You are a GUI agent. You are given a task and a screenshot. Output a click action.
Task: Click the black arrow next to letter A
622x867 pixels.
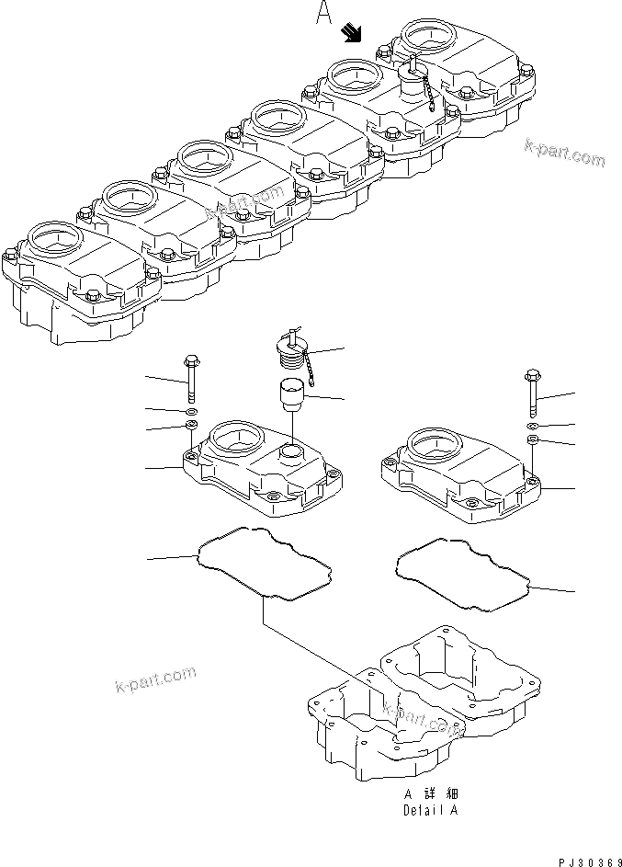(x=351, y=34)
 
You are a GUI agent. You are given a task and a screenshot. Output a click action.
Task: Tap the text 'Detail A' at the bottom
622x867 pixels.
(x=430, y=810)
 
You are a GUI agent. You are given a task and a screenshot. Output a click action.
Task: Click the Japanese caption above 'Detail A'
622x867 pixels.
(x=430, y=793)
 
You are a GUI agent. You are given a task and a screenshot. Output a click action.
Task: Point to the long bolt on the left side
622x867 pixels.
(x=191, y=377)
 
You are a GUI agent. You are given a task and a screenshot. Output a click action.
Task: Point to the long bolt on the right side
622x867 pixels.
(x=533, y=391)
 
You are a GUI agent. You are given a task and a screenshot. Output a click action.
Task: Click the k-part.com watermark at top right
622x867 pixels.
(x=564, y=154)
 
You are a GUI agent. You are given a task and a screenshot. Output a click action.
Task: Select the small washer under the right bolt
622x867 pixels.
(x=533, y=427)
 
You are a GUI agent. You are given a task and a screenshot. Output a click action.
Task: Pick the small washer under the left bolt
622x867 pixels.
(x=191, y=411)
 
